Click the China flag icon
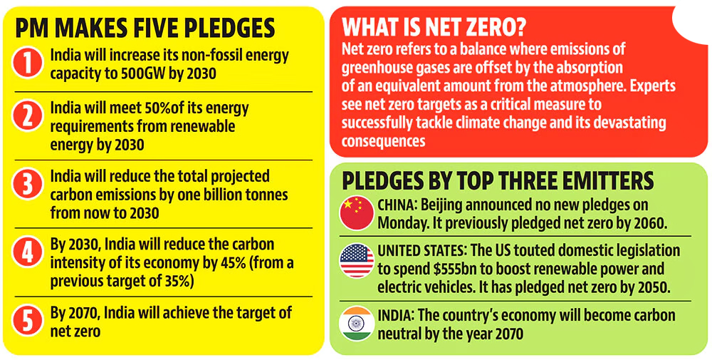tap(356, 213)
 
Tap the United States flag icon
tap(356, 261)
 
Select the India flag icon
tap(356, 324)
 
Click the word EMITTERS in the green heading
tap(602, 181)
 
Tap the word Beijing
tap(442, 205)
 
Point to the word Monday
tap(404, 222)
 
